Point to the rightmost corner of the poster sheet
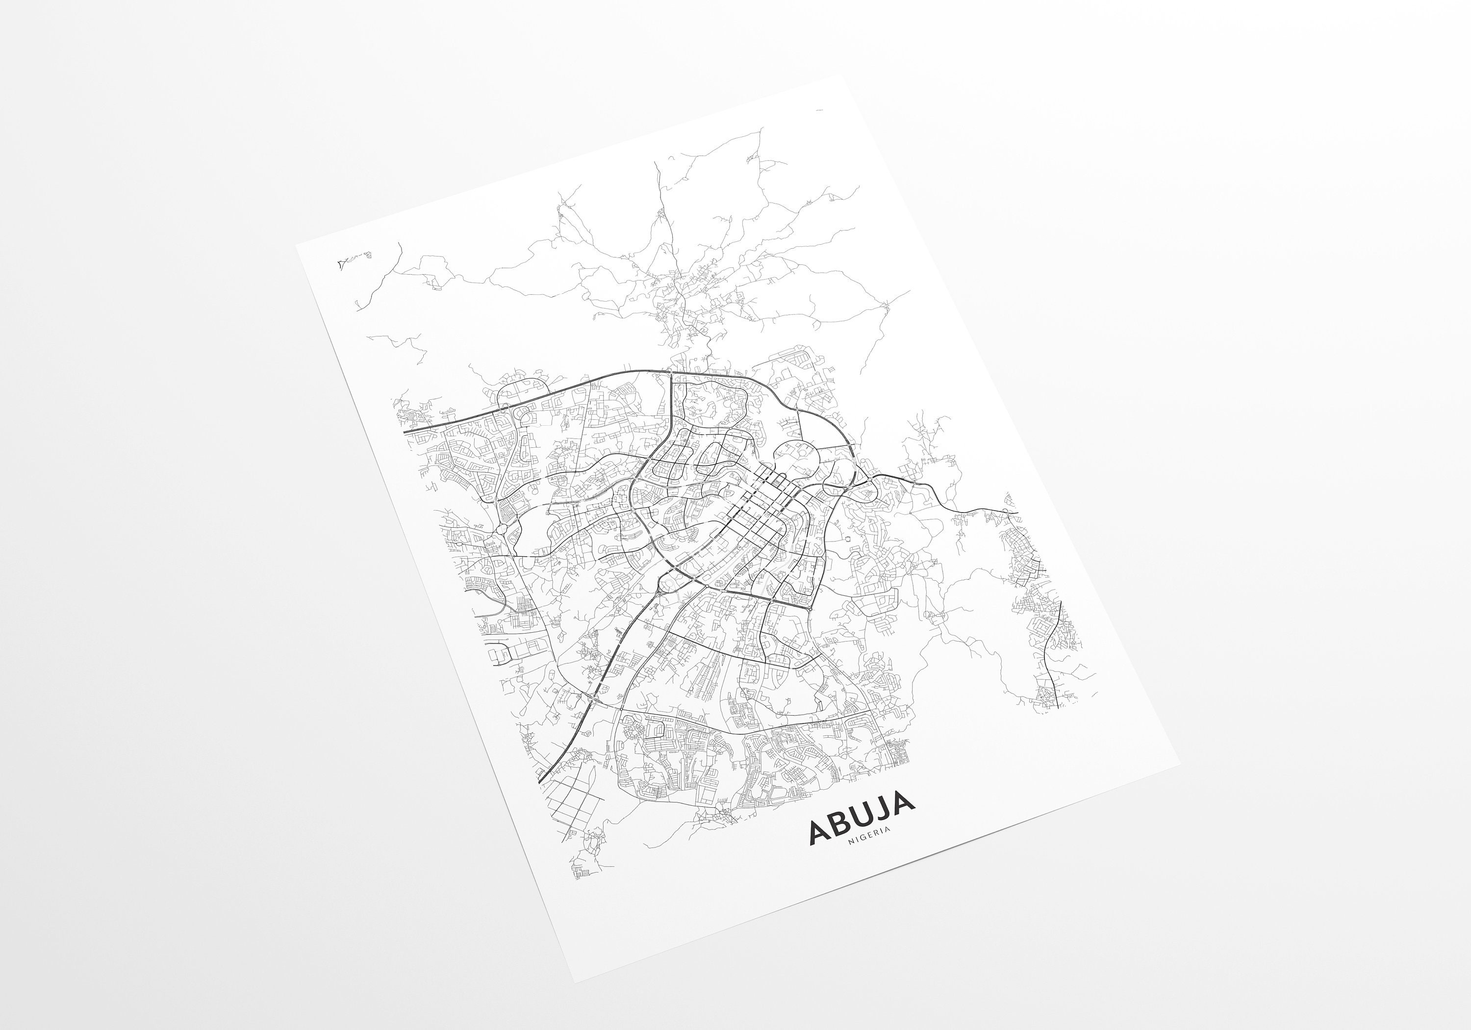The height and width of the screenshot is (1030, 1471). point(1179,765)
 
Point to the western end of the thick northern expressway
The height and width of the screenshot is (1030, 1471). point(405,433)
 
